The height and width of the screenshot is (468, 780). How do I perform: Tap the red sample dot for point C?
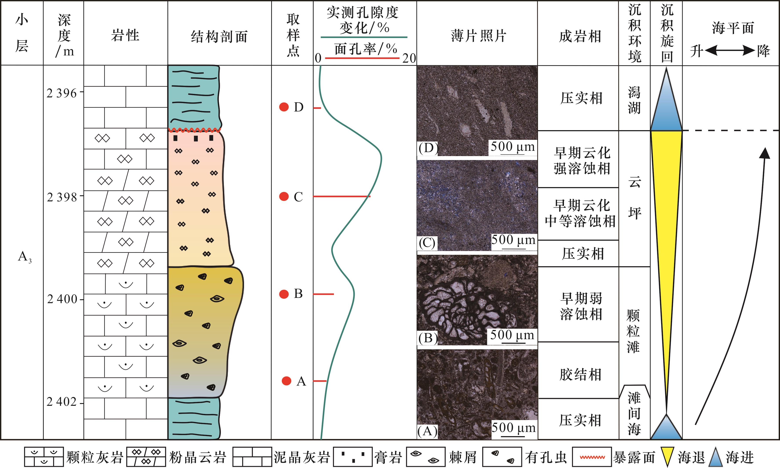tap(284, 197)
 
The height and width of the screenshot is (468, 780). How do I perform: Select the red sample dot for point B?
tap(284, 294)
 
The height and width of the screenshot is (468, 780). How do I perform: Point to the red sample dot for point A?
tap(286, 381)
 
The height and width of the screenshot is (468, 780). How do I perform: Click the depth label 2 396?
tap(62, 93)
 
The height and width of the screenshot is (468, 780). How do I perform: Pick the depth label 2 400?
tap(62, 299)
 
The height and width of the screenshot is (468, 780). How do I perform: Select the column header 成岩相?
tap(580, 36)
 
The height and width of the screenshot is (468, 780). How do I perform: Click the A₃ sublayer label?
tap(25, 257)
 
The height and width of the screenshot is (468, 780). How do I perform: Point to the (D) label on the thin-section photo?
tap(428, 148)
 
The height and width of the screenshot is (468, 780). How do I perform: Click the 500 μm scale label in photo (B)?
tap(512, 335)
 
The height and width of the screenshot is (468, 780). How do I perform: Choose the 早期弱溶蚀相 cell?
tap(581, 306)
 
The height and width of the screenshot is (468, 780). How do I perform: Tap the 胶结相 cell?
tap(580, 375)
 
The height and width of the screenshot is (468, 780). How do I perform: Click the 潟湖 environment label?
tap(634, 100)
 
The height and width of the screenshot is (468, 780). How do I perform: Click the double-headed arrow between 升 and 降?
tap(729, 51)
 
